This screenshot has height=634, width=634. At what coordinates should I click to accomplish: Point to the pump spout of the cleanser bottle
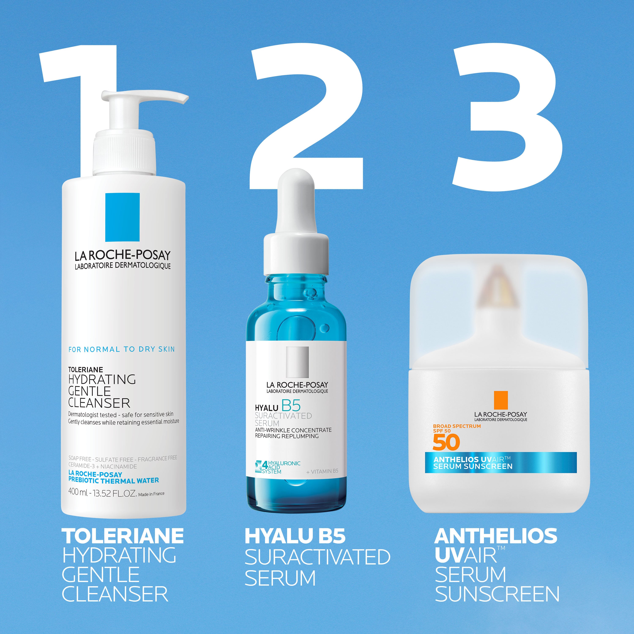(171, 97)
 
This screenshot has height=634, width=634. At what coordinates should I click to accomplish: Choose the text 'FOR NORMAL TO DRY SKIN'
(122, 349)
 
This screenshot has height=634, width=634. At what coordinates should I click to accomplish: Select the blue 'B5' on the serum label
(291, 406)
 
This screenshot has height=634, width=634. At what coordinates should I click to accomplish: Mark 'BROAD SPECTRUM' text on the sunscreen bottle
(457, 426)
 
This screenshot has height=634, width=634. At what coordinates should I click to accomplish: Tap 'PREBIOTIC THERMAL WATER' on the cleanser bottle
(113, 481)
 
